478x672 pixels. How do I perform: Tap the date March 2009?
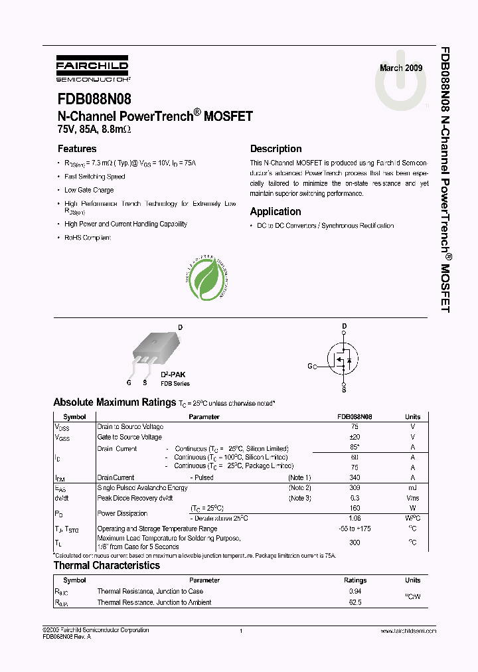400,68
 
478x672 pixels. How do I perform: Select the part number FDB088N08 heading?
94,100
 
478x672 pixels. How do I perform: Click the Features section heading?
77,149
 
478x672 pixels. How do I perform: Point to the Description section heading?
276,149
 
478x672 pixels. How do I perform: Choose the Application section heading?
276,211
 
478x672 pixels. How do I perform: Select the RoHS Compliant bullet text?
88,237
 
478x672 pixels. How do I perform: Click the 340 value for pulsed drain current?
354,477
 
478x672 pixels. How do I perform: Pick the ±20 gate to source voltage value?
354,437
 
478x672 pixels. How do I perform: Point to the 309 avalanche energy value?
354,487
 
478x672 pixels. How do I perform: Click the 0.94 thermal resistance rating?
355,591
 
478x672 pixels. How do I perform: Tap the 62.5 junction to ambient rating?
355,602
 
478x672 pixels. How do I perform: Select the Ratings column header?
355,580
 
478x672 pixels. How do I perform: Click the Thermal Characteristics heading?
106,566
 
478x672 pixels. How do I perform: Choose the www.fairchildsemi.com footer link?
409,631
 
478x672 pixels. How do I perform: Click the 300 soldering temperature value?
354,542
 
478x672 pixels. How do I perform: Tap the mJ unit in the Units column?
412,487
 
